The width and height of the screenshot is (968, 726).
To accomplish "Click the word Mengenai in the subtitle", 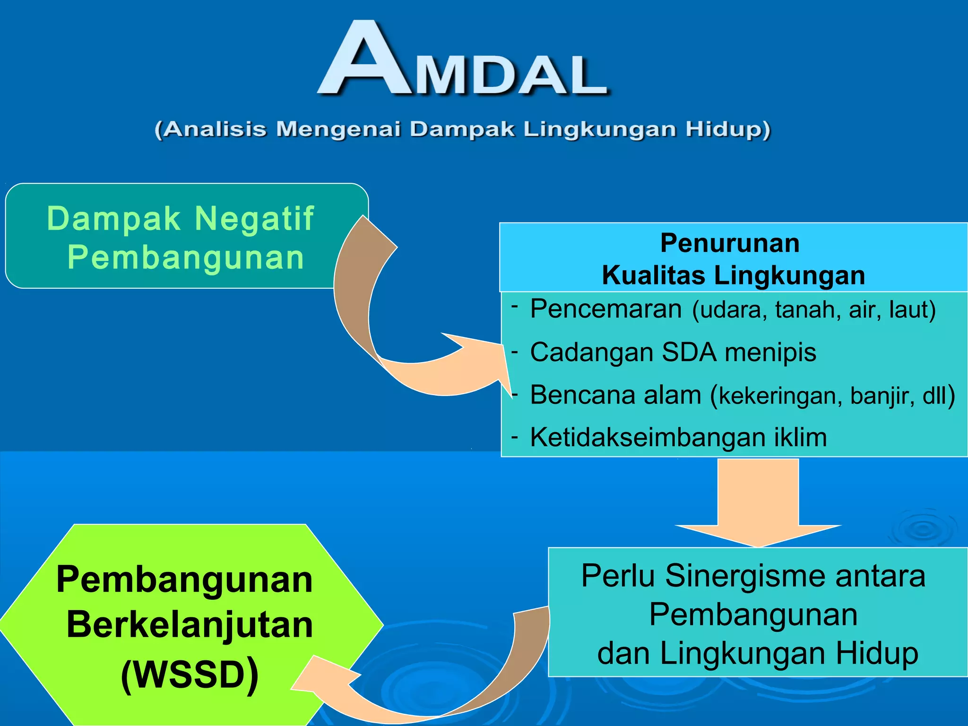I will pos(338,129).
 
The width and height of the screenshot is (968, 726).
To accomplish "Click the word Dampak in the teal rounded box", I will pos(113,218).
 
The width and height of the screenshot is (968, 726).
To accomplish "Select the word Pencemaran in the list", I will pos(605,309).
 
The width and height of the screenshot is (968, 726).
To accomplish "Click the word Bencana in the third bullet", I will pos(582,395).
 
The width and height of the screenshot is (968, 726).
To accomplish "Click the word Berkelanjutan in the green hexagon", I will pos(190,625).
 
